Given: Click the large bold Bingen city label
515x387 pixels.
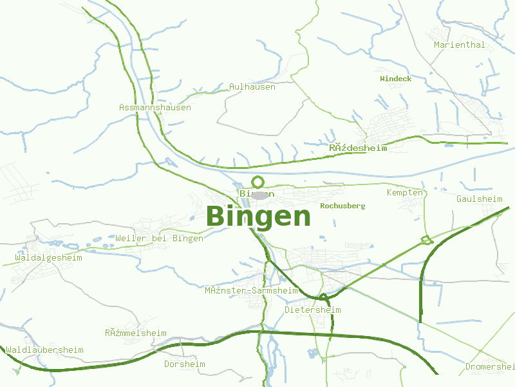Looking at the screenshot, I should pos(259,217).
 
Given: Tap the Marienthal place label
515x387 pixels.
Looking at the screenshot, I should pos(460,45).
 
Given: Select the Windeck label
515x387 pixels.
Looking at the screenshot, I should pos(396,79).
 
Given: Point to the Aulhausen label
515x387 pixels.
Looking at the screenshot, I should pos(252,86).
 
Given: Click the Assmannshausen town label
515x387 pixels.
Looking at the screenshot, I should pos(155,107).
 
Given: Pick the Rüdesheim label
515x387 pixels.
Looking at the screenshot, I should pos(358,148).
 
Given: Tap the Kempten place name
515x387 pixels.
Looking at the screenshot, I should pos(406,193).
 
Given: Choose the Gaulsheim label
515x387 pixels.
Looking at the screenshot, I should pos(479,199).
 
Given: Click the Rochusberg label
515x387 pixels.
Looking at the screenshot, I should pos(342,206).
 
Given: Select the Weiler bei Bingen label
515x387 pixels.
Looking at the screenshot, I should pos(160,238).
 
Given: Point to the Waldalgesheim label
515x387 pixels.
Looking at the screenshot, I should pos(49,257).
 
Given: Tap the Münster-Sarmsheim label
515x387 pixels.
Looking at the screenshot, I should pos(251,290).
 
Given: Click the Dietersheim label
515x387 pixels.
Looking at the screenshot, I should pos(313,310).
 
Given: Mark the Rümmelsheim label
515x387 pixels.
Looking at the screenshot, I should pos(136,333).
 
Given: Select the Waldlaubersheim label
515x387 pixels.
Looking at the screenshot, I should pos(45,350).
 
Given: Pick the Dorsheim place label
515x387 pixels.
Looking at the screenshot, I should pos(184,364).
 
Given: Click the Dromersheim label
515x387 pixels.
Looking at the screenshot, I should pos(490,367).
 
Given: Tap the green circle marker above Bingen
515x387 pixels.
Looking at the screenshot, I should pos(258,182).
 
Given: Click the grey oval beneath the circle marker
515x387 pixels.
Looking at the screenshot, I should pos(259,195).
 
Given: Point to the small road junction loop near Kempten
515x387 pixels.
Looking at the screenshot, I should pos(426,241).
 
